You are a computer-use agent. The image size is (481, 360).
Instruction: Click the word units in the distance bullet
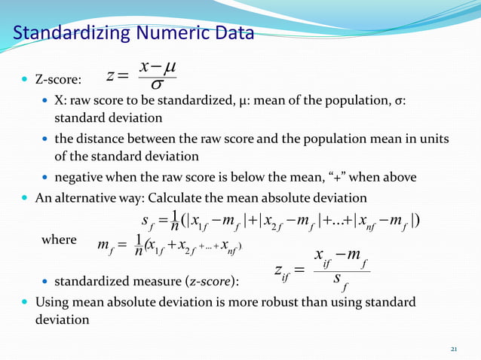[433, 139]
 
